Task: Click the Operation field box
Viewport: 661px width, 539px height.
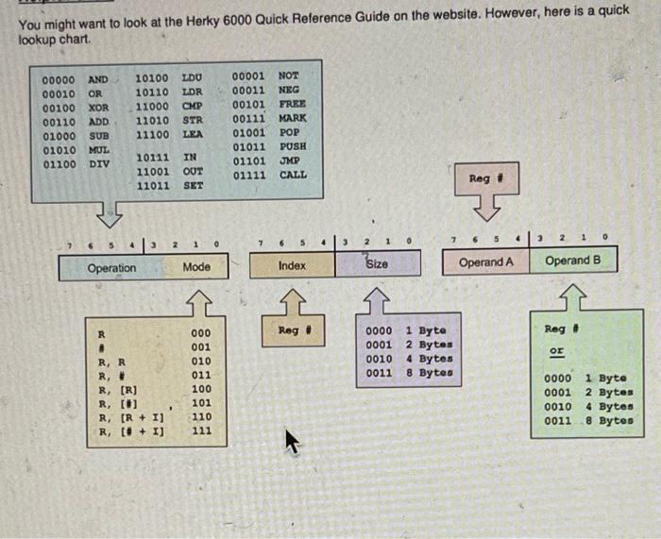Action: pos(111,267)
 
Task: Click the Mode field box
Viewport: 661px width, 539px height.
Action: pos(196,267)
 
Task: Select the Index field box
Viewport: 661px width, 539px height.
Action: pos(292,265)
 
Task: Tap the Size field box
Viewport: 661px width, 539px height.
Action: pos(376,264)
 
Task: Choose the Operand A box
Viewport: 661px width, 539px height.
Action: pos(486,261)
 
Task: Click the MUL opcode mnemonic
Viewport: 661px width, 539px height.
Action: pos(98,149)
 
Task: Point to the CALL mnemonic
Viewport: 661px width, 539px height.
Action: pos(293,175)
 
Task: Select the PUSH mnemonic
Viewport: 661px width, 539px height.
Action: pos(293,146)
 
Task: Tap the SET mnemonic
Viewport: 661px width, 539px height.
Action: pos(193,186)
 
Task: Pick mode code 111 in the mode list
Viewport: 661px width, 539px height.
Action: pos(201,431)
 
